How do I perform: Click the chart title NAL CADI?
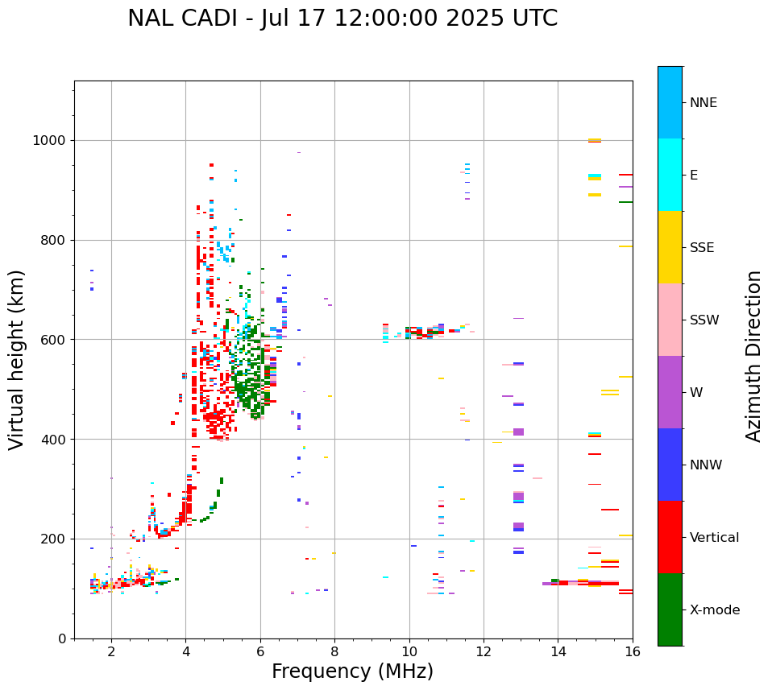pos(342,19)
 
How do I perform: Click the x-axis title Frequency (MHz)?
pos(352,671)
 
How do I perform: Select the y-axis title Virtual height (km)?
pos(17,360)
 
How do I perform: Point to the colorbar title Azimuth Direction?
pos(753,356)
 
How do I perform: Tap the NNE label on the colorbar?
pos(703,103)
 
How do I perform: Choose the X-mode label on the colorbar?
pos(715,610)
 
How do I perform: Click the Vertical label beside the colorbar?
pos(715,538)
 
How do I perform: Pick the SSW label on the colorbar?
pos(704,320)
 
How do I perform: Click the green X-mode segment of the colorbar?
pos(670,609)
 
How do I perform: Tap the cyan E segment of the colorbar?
pos(670,175)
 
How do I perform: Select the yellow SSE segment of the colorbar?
pos(670,247)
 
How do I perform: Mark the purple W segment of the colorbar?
pos(670,392)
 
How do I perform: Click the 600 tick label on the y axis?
pos(56,340)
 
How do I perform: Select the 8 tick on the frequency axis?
pos(334,651)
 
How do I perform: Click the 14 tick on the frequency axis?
pos(558,651)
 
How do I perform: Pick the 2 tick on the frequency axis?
pos(111,651)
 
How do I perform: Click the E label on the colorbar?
pos(694,176)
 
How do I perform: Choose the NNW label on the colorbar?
pos(706,465)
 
